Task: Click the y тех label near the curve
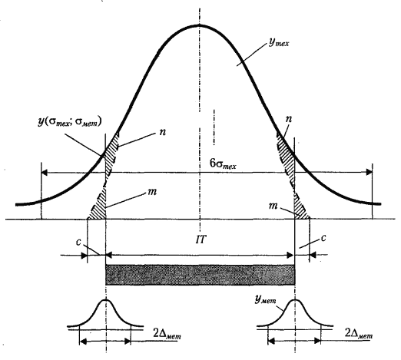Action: (279, 42)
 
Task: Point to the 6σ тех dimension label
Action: (223, 163)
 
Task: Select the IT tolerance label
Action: (200, 240)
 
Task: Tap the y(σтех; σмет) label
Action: (70, 122)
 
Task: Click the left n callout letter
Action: (162, 132)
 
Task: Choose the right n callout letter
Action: (289, 119)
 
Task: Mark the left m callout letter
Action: (151, 192)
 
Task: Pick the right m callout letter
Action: (273, 206)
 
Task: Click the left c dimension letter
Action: (78, 242)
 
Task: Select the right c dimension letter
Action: (323, 238)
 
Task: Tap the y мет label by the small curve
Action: (265, 299)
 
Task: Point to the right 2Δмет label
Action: (359, 333)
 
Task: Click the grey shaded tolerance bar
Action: (200, 275)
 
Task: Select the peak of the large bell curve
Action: (200, 25)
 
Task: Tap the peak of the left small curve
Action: (106, 300)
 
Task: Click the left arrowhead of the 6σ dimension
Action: (45, 173)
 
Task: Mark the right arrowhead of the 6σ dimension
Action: (369, 172)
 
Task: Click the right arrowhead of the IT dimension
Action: (290, 255)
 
